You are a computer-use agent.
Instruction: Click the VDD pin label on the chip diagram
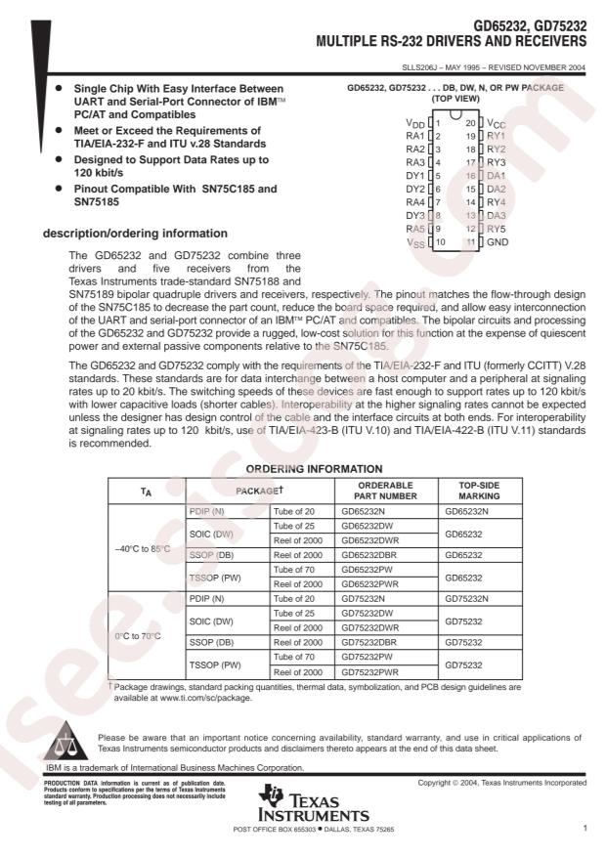tap(415, 123)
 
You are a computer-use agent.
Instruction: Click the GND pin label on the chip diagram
tap(498, 240)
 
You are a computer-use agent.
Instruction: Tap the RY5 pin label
tap(497, 228)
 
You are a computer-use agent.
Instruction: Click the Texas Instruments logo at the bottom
tap(311, 807)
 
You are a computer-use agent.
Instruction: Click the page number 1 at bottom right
tap(584, 829)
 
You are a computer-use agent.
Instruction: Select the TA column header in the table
tap(144, 491)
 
